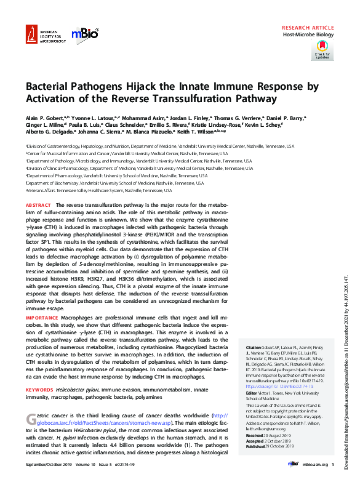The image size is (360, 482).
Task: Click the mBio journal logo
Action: pos(84,36)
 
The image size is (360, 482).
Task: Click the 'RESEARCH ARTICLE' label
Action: pos(307,28)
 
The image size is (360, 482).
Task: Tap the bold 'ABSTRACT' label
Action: pos(39,204)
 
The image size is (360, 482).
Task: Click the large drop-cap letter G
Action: pos(32,420)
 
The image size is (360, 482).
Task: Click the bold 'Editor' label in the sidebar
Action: pos(252,392)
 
